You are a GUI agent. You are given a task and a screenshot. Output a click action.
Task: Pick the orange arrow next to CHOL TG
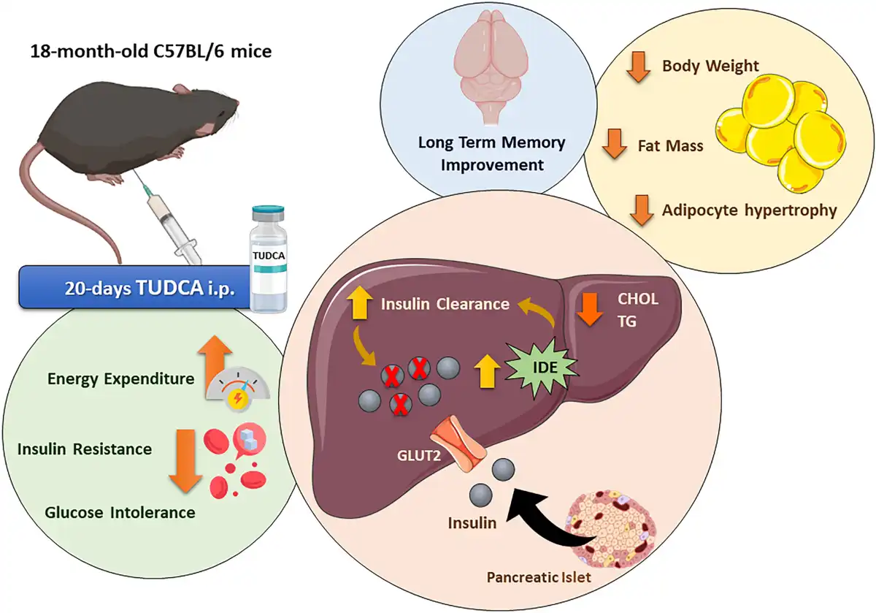[588, 308]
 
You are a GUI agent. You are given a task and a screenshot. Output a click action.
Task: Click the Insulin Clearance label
[445, 303]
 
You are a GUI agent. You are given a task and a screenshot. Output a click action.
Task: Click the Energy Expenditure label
[121, 378]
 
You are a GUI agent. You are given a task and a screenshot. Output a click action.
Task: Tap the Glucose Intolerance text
[120, 512]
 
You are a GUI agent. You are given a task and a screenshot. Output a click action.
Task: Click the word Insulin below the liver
[472, 522]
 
